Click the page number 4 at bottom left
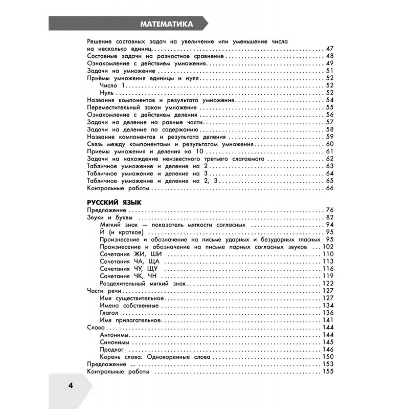71,385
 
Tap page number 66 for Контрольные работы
329,189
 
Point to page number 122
328,284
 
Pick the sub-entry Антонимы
113,334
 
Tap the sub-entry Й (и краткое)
121,232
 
